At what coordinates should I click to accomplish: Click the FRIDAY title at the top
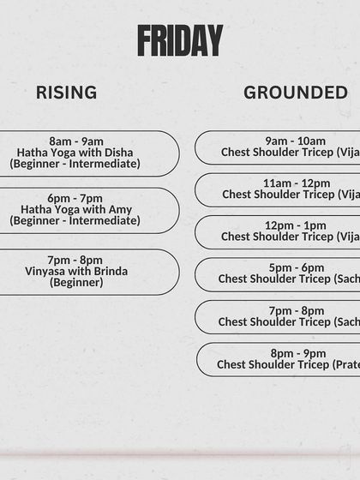[180, 40]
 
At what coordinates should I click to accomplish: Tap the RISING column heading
[66, 93]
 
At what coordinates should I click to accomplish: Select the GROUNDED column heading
[295, 93]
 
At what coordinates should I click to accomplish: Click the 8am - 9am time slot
[76, 141]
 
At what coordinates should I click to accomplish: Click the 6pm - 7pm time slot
[76, 198]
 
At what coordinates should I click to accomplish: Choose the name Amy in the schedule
[120, 209]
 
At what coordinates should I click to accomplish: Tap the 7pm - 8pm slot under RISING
[75, 261]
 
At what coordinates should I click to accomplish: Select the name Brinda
[111, 272]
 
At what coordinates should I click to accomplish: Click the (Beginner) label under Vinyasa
[75, 283]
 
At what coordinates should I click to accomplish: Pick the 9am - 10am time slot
[295, 141]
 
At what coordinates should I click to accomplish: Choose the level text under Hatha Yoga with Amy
[75, 220]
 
